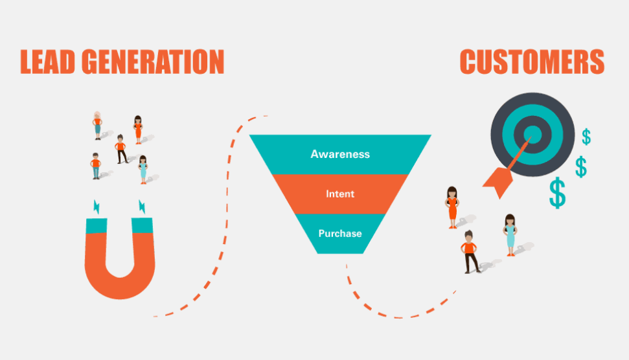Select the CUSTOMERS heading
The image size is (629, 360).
[x=532, y=62]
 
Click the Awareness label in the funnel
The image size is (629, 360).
[x=340, y=154]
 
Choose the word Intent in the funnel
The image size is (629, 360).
[x=340, y=194]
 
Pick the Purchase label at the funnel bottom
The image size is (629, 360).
[x=340, y=233]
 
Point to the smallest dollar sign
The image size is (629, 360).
[x=586, y=137]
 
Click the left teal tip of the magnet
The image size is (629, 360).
[x=97, y=225]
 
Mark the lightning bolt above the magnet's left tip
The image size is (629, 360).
[x=97, y=207]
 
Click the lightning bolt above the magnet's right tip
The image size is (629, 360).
[x=143, y=207]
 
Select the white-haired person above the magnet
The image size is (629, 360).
[x=97, y=125]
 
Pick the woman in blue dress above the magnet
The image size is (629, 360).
[x=143, y=170]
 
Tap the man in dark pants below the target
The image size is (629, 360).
[x=470, y=251]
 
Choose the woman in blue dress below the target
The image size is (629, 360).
[x=510, y=234]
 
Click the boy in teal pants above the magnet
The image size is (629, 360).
[x=96, y=166]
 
